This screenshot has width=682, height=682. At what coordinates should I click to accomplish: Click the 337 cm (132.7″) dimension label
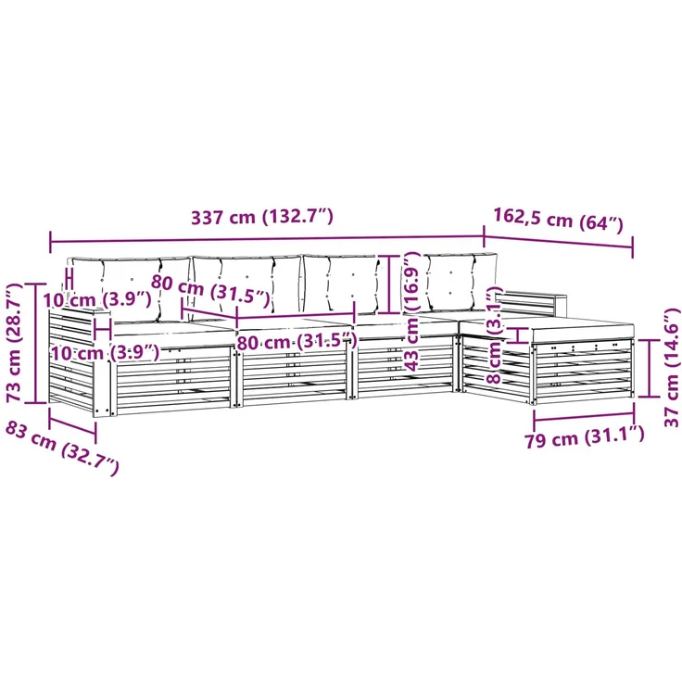point(262,216)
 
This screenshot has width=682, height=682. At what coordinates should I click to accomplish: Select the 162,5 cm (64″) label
point(559,220)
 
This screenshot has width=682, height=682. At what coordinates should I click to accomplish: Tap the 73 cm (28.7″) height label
point(14,342)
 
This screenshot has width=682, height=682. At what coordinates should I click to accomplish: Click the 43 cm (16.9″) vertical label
point(410,310)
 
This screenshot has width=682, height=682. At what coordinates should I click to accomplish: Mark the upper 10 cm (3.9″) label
point(97,299)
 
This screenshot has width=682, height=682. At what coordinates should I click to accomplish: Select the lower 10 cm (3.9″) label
point(106,352)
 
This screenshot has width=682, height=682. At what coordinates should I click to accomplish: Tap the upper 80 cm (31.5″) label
point(210,290)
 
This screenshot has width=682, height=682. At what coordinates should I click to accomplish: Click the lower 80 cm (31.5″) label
point(297,342)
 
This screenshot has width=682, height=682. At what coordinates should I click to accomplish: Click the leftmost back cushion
point(130,288)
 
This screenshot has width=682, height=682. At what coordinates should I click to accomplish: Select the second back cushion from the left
point(246,284)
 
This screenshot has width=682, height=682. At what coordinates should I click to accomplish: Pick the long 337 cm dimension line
point(268,239)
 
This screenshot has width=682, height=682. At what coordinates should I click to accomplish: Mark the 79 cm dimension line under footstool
point(584,418)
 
